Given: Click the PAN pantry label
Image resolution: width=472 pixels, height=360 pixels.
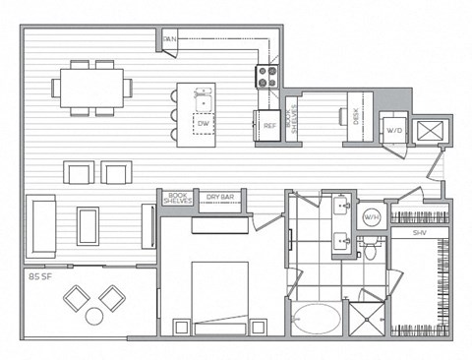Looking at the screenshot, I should coord(170,39).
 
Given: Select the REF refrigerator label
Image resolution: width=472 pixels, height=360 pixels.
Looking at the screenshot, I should coord(267,125).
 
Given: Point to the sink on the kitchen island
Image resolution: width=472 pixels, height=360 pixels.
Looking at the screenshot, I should coord(206,99).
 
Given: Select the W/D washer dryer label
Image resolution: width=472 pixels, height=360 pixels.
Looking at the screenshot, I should coord(394,131).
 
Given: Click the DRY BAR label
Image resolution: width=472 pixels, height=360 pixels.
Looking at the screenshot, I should coord(219,198).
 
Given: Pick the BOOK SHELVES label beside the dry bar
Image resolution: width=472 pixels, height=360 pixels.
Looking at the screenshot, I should coord(176,198).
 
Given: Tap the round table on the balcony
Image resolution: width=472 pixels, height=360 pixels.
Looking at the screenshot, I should coord(95,316).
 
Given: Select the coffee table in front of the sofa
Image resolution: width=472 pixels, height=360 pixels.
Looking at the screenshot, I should coord(88,225).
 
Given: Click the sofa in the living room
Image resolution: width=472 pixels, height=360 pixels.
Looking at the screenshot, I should coord(41,225).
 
